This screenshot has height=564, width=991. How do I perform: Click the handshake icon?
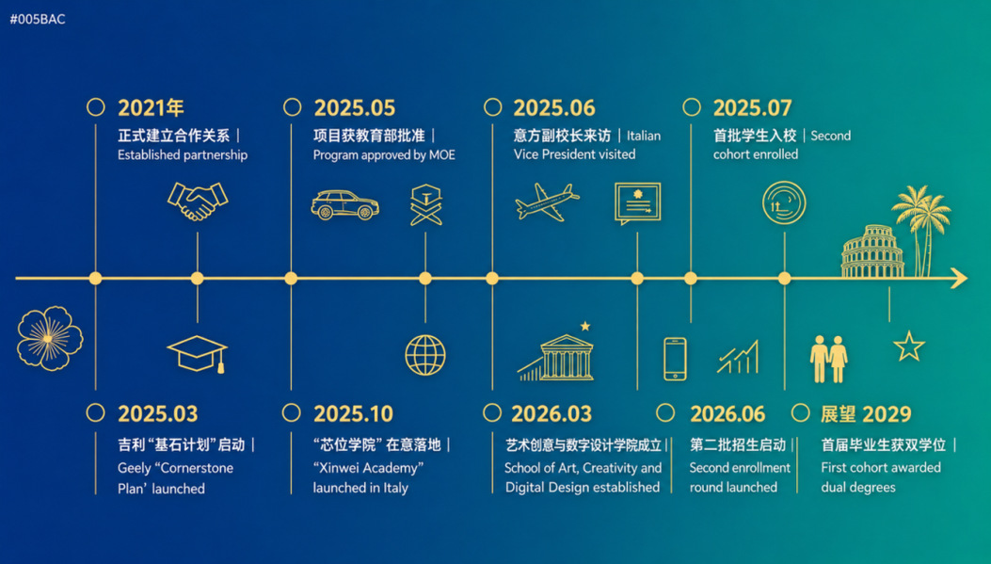click(198, 201)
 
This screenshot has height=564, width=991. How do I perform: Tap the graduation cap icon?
click(198, 354)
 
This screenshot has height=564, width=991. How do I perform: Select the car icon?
click(345, 205)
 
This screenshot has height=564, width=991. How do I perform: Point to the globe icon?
click(425, 355)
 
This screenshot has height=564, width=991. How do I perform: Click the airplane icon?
click(547, 202)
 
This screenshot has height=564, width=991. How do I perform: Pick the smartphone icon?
click(675, 359)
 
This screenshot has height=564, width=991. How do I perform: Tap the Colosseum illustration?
click(872, 251)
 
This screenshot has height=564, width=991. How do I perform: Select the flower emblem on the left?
click(50, 338)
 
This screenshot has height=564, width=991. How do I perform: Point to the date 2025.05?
click(355, 108)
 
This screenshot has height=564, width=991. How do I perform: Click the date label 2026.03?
click(551, 414)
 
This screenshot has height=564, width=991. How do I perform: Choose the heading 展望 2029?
click(866, 414)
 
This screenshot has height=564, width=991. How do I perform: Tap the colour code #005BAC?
click(38, 19)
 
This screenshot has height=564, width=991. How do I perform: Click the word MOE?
click(442, 155)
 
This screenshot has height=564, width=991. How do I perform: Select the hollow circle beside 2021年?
click(95, 106)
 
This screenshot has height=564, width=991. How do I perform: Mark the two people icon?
click(828, 359)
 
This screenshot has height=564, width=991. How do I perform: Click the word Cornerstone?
click(197, 469)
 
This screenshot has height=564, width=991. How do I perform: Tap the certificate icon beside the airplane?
click(638, 203)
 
